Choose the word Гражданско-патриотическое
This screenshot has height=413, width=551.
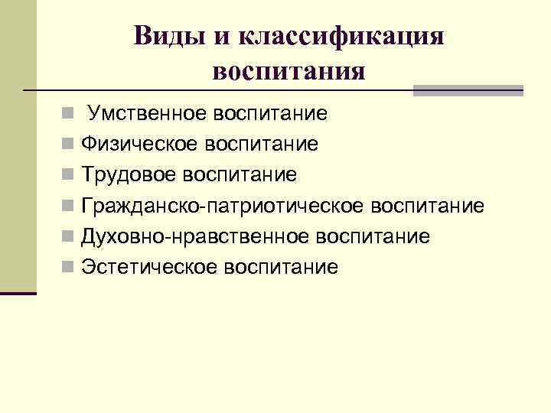tap(222, 206)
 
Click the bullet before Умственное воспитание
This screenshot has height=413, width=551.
tap(69, 115)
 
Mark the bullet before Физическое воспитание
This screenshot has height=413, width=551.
tap(69, 145)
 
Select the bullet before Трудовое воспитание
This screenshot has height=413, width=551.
tap(69, 176)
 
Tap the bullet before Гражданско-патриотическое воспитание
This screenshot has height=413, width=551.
tap(69, 206)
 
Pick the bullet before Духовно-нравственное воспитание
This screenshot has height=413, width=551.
tap(69, 237)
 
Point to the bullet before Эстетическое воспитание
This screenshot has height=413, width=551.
tap(69, 268)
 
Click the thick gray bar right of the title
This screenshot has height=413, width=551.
tap(468, 90)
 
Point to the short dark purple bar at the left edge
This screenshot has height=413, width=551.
tap(18, 292)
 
